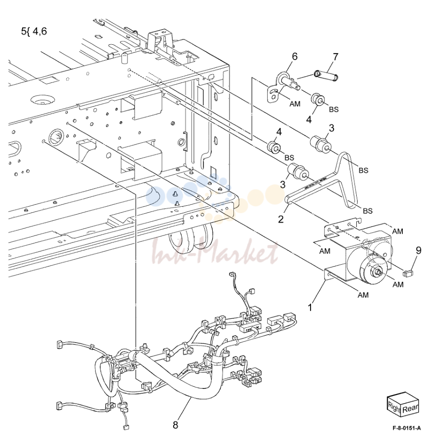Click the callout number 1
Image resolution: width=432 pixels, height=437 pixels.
click(310, 308)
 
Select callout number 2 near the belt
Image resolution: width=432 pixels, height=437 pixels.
click(281, 219)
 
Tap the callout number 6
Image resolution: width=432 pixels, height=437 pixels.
click(295, 57)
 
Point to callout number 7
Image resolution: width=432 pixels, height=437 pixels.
click(336, 57)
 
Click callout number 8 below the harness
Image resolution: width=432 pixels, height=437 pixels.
click(176, 425)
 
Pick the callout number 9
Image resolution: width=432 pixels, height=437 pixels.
click(419, 251)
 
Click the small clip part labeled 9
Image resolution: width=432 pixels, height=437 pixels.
click(408, 274)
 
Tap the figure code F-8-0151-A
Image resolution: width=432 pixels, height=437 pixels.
click(407, 428)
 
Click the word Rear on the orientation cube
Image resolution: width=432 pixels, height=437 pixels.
click(410, 409)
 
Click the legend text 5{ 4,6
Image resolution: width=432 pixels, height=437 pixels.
click(34, 31)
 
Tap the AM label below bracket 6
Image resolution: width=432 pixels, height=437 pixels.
click(295, 104)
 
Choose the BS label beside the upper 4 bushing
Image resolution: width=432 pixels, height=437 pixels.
click(334, 109)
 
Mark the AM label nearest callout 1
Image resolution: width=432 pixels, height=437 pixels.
click(363, 295)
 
